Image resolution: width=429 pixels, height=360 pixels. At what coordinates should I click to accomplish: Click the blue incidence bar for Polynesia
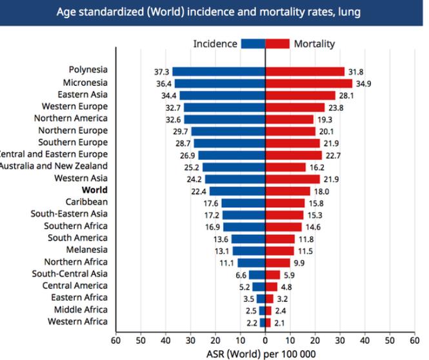[219, 72]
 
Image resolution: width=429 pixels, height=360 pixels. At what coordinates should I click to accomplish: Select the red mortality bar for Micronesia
[309, 83]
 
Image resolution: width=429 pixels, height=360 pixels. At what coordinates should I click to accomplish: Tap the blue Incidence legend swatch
[253, 44]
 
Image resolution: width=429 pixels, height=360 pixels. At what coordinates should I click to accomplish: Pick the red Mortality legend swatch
[277, 44]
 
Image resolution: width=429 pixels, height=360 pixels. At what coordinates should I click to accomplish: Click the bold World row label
[95, 190]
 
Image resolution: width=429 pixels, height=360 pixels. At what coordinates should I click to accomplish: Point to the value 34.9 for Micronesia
[365, 83]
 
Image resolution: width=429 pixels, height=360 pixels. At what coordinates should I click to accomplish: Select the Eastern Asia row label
[85, 95]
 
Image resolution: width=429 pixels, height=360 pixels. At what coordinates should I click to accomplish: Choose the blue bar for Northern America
[224, 119]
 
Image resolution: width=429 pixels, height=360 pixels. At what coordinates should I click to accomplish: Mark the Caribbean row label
[86, 202]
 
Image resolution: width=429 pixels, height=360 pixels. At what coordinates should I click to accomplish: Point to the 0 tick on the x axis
[265, 339]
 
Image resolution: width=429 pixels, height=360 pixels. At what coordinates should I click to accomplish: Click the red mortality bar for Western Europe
[295, 107]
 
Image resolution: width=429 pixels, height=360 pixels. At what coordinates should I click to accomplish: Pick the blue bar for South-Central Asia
[257, 274]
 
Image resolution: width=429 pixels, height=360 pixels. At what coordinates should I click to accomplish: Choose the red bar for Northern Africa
[277, 262]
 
